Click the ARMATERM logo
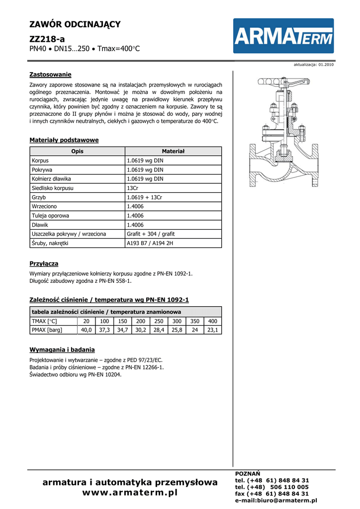click(284, 36)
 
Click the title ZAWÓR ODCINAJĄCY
click(75, 24)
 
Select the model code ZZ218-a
click(47, 38)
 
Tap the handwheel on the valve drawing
click(283, 81)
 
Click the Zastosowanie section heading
click(51, 75)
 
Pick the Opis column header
click(77, 151)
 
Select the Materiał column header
click(173, 151)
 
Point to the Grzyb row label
click(39, 197)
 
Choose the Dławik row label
click(40, 225)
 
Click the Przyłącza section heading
click(44, 263)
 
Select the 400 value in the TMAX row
click(213, 321)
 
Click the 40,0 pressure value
click(87, 330)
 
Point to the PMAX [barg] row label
click(47, 330)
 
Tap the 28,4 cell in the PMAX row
click(159, 330)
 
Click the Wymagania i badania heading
click(62, 349)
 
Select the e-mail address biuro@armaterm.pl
click(275, 501)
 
